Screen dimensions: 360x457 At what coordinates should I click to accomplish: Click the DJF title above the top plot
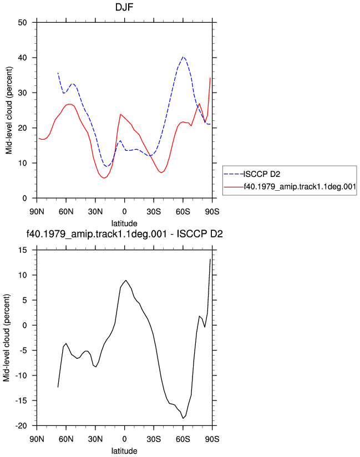[124, 7]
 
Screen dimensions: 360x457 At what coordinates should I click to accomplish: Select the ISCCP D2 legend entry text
[262, 174]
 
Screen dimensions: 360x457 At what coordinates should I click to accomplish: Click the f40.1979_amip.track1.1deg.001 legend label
[300, 186]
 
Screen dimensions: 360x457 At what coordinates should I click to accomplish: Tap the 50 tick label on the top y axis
[22, 22]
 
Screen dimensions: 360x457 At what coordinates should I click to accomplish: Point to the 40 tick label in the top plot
[22, 58]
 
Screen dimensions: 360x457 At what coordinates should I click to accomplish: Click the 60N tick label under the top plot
[66, 211]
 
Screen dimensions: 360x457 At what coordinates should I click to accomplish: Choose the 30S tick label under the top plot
[154, 211]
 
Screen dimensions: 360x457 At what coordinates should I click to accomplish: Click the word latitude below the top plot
[124, 224]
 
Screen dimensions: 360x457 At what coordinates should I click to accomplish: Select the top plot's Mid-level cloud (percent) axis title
[9, 110]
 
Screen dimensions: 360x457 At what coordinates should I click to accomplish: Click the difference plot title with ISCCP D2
[124, 233]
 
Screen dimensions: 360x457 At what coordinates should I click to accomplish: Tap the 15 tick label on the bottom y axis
[22, 250]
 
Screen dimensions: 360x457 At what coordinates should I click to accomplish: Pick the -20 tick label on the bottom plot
[21, 426]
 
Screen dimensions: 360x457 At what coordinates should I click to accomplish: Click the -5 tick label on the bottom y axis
[23, 351]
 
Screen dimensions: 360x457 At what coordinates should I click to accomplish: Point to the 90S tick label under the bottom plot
[212, 439]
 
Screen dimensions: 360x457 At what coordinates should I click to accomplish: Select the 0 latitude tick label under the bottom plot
[124, 439]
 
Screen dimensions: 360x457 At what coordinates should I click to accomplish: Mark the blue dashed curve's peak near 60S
[182, 57]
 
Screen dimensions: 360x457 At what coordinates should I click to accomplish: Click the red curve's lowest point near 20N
[104, 178]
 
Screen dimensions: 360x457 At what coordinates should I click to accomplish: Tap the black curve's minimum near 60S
[183, 418]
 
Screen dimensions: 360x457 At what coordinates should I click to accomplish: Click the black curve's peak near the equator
[125, 281]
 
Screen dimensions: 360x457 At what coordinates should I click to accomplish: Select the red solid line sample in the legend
[234, 187]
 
